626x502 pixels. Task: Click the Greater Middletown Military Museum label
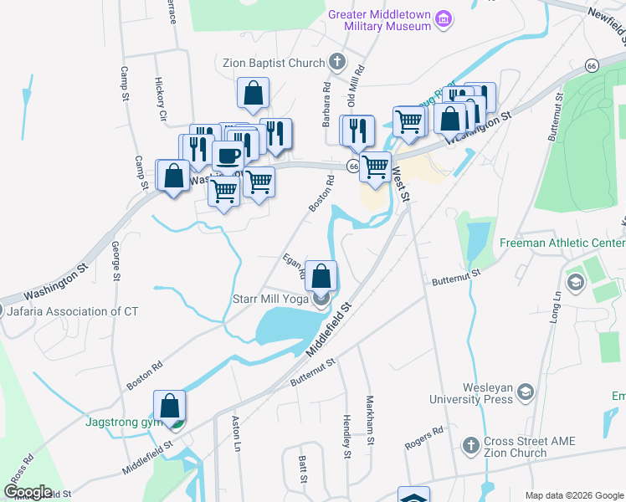pyautogui.click(x=380, y=20)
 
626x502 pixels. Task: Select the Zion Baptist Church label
pyautogui.click(x=273, y=62)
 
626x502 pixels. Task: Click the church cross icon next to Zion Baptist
pyautogui.click(x=336, y=61)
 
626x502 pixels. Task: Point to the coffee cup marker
pyautogui.click(x=228, y=156)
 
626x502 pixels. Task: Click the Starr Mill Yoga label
pyautogui.click(x=268, y=298)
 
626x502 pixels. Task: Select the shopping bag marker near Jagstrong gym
pyautogui.click(x=170, y=406)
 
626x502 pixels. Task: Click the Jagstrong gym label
pyautogui.click(x=123, y=422)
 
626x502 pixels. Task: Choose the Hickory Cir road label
pyautogui.click(x=161, y=99)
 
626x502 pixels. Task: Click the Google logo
pyautogui.click(x=28, y=492)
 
